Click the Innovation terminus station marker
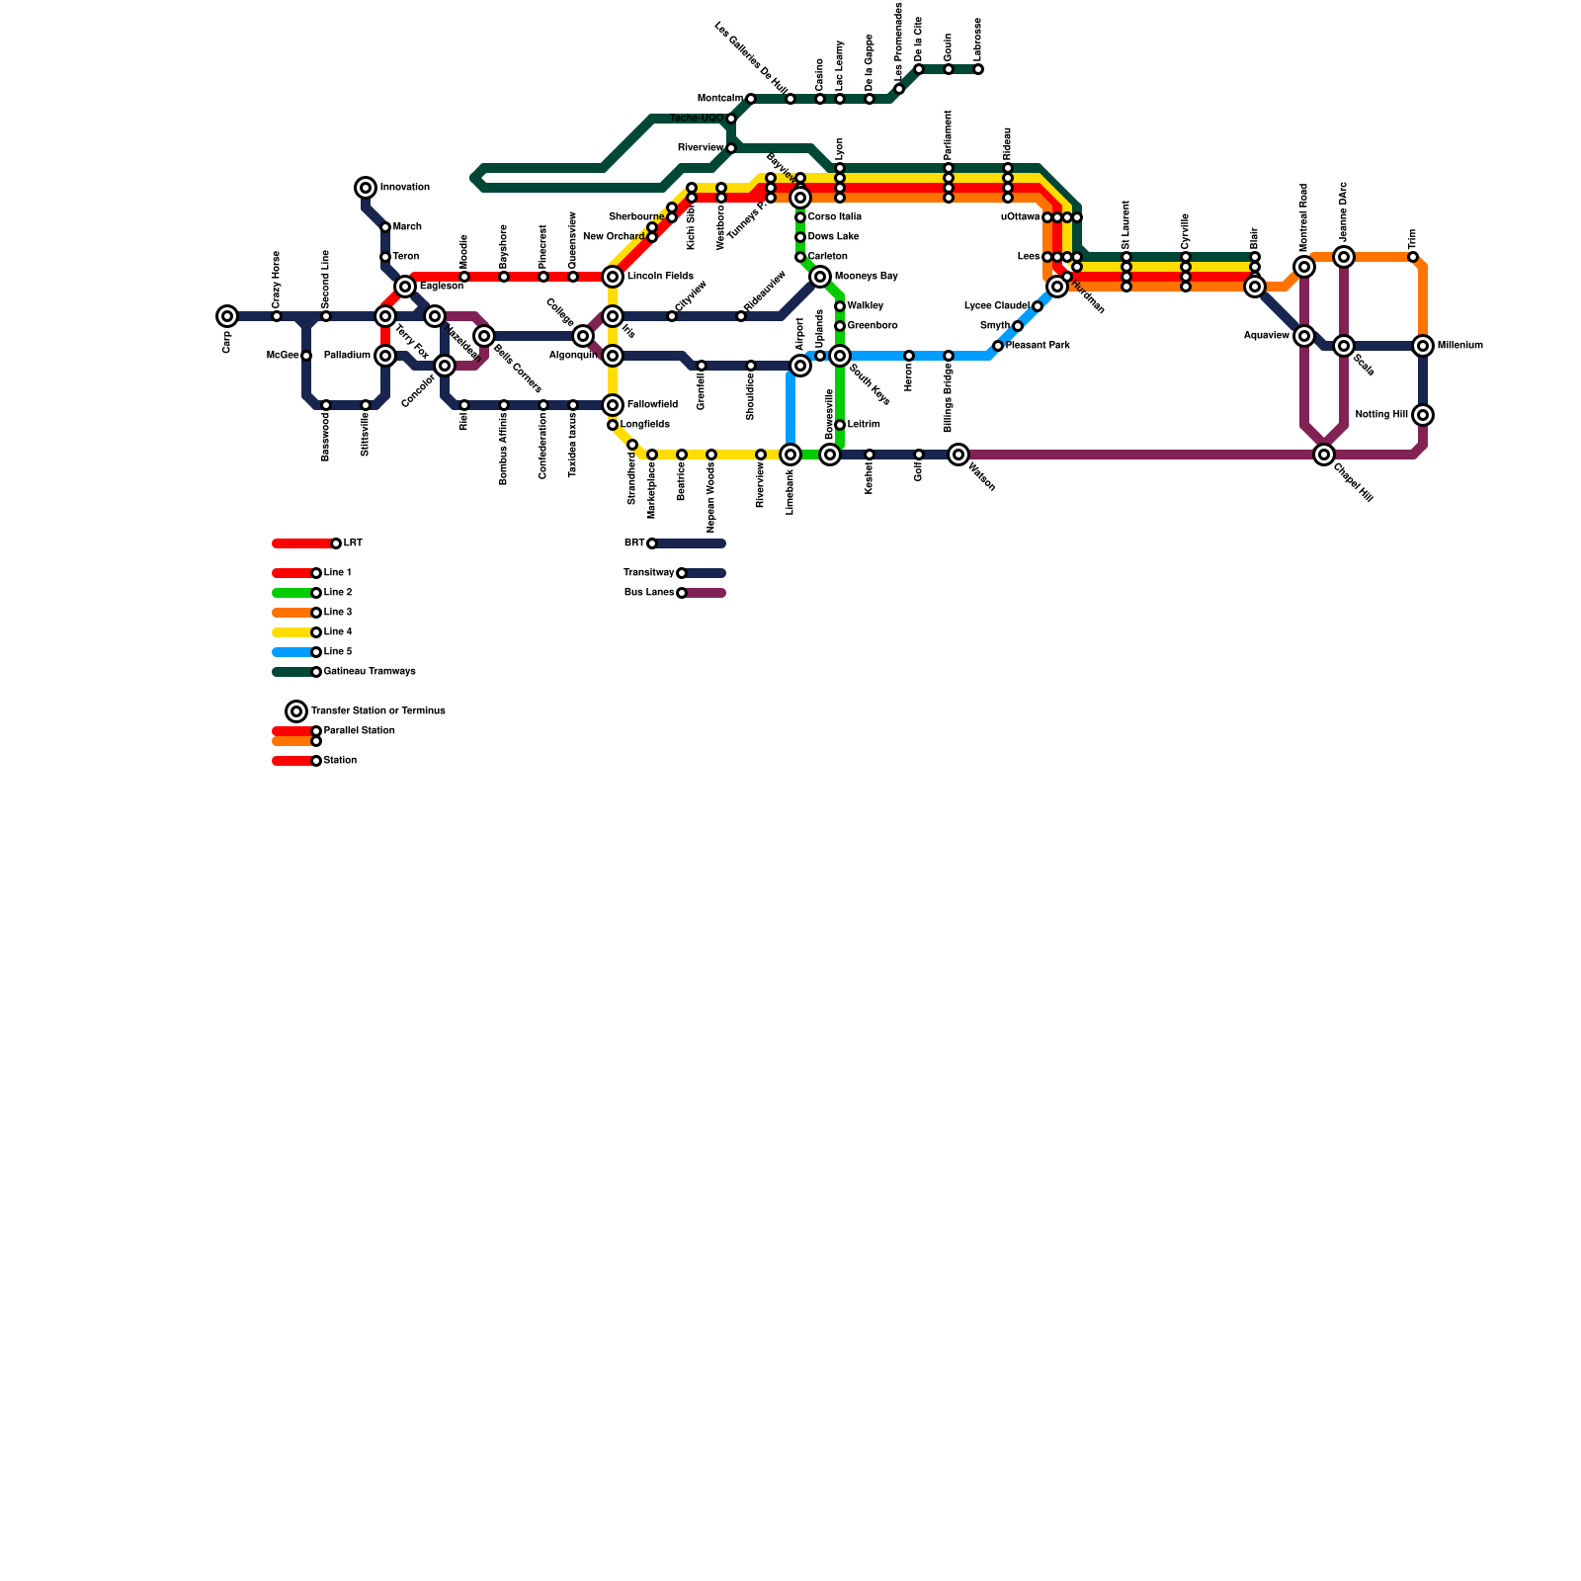tap(366, 188)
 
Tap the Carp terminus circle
tap(227, 316)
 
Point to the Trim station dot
tap(1413, 257)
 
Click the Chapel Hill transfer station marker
tap(1324, 455)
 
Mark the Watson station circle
tap(958, 455)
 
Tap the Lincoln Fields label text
tap(660, 277)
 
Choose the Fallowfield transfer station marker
tap(613, 405)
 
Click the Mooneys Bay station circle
tap(820, 277)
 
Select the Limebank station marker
tap(790, 455)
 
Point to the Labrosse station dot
tap(978, 69)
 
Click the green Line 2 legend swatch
tap(292, 593)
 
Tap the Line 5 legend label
tap(338, 652)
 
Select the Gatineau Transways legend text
tap(370, 672)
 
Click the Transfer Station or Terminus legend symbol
tap(296, 711)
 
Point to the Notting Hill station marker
tap(1423, 415)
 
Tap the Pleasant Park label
tap(1038, 346)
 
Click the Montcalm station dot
tap(751, 99)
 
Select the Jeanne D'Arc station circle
tap(1344, 257)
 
